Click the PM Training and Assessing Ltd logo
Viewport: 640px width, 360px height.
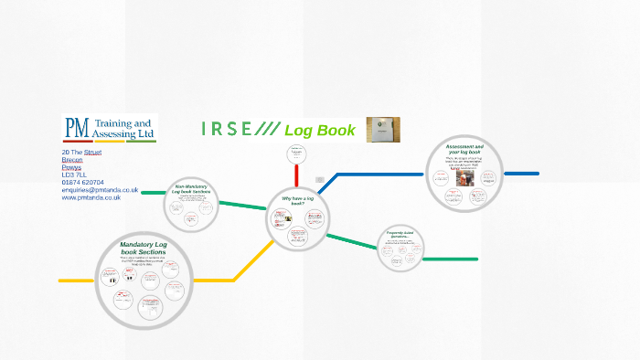110,128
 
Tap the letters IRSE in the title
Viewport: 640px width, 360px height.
227,129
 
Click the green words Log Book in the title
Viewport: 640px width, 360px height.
319,130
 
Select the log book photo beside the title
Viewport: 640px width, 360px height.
383,130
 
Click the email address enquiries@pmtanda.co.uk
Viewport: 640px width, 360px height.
100,190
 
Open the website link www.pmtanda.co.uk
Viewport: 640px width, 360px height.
91,197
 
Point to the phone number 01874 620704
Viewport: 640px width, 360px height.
82,182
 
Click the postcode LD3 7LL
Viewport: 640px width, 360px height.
73,175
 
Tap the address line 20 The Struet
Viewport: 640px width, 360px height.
80,152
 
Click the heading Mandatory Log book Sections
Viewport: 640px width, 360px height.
144,249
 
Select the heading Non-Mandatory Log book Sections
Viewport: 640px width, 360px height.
192,189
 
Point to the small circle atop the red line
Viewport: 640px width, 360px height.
296,154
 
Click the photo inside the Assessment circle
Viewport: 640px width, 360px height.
465,177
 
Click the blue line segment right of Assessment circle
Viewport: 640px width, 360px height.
522,174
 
